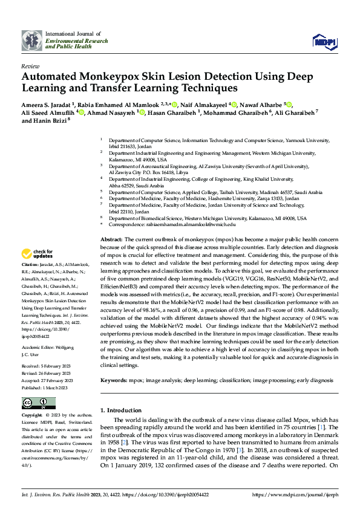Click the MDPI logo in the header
point(322,41)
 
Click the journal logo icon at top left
point(31,41)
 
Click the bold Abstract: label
point(111,240)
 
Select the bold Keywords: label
point(114,381)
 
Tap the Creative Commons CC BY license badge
point(38,403)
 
